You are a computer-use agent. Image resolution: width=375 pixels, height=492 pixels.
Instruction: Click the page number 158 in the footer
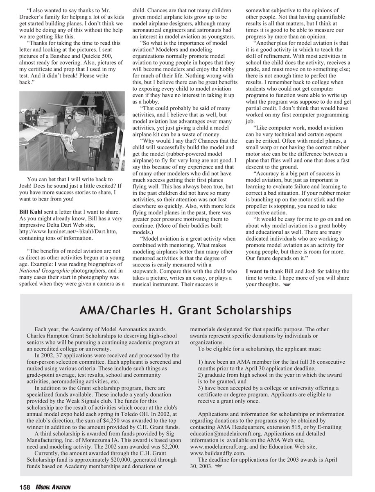[x=25, y=487]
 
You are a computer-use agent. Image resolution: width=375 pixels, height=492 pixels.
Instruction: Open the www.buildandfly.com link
[x=218, y=453]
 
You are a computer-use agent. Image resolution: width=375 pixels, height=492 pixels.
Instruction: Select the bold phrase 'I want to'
[x=257, y=271]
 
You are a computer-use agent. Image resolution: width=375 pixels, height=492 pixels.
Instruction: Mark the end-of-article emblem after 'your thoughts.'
[x=286, y=285]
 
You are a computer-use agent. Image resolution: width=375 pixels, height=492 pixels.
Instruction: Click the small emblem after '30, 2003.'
[x=218, y=467]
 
